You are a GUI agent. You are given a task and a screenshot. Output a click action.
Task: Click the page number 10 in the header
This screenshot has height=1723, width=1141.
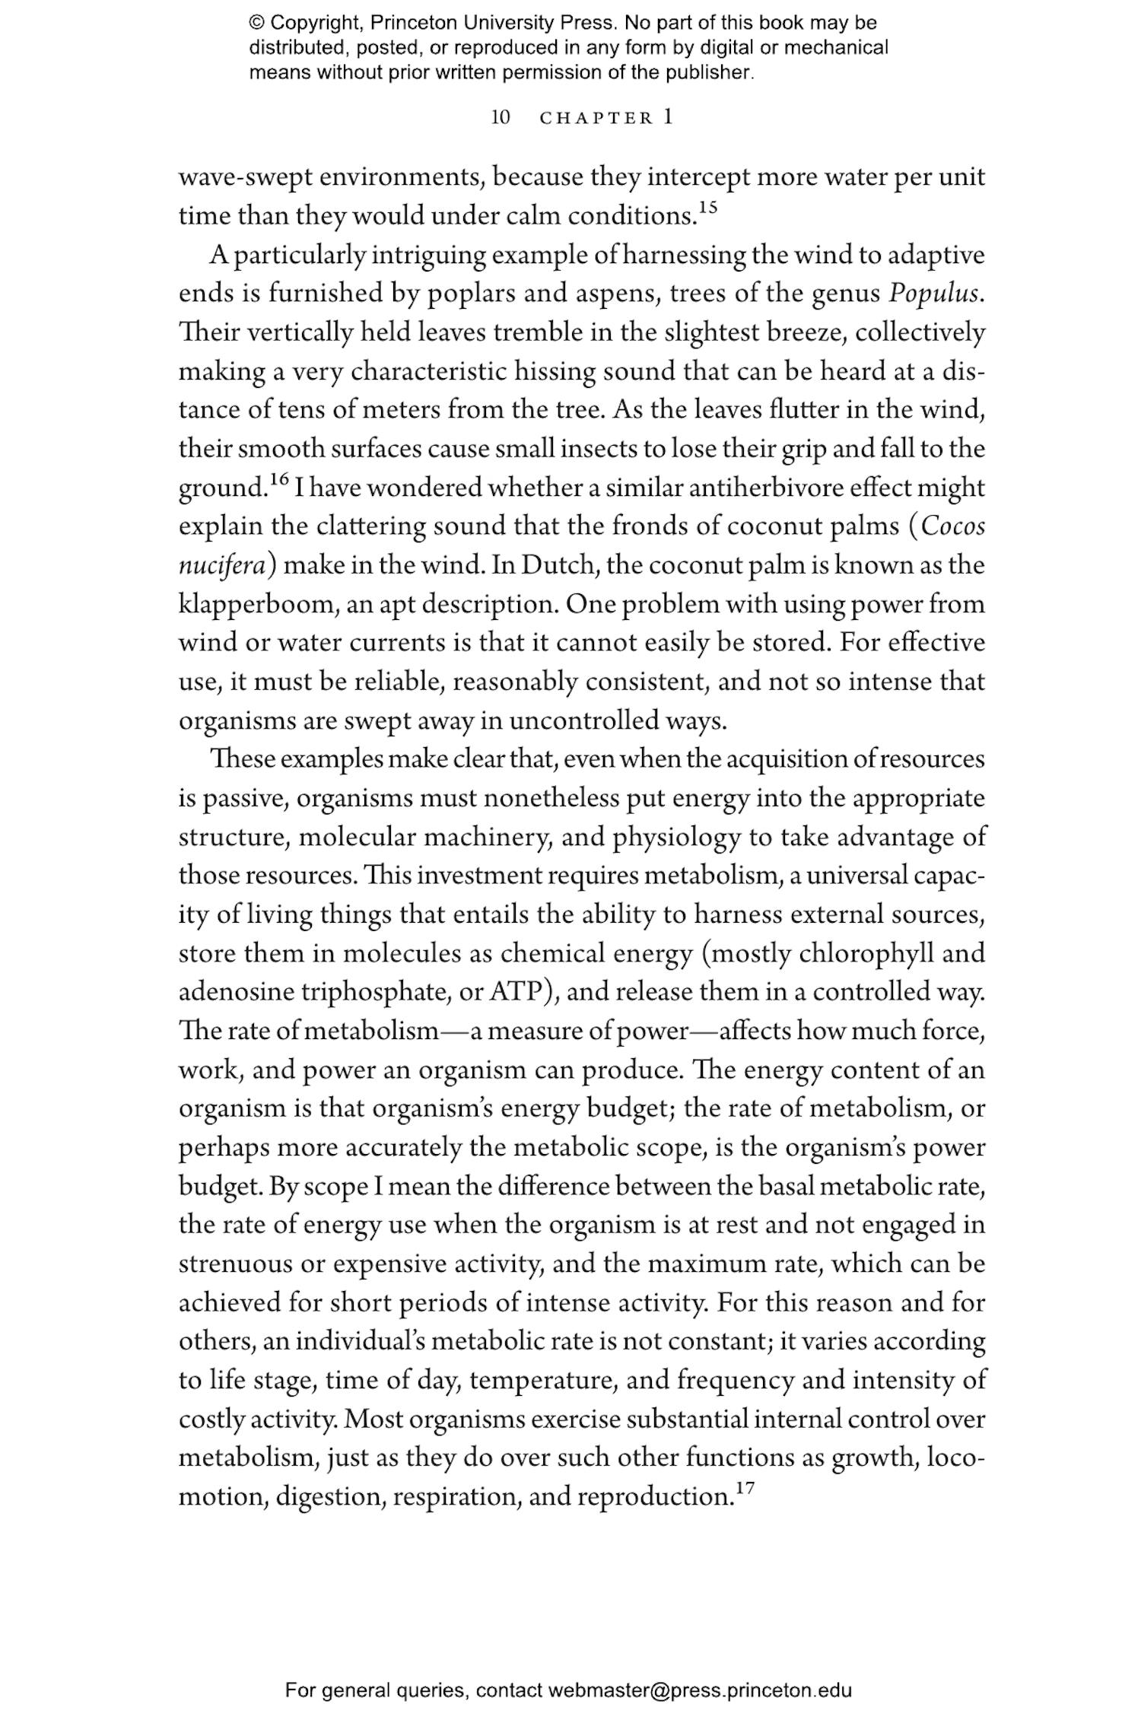tap(501, 118)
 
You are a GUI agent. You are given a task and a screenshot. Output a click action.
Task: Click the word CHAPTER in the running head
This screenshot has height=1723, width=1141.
tap(596, 119)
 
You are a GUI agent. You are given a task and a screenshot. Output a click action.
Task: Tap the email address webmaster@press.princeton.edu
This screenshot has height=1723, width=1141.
tap(699, 1690)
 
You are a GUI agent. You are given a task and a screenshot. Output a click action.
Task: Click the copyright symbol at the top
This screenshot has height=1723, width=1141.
tap(256, 23)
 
